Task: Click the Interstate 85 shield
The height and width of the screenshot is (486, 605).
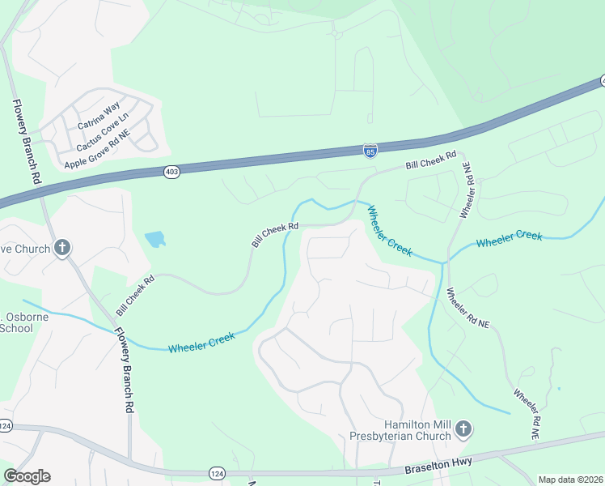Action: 370,151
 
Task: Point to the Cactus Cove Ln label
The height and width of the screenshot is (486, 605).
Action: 102,133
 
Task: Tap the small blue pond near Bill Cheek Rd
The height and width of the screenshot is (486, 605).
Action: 154,239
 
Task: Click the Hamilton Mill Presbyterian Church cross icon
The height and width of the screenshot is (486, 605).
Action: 463,428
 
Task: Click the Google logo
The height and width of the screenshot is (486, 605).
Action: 27,476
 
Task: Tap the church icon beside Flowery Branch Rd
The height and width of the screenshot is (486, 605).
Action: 63,249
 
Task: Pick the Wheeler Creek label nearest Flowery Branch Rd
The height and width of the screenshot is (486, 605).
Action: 201,342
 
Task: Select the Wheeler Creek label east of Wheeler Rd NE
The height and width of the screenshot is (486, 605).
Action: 509,239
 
